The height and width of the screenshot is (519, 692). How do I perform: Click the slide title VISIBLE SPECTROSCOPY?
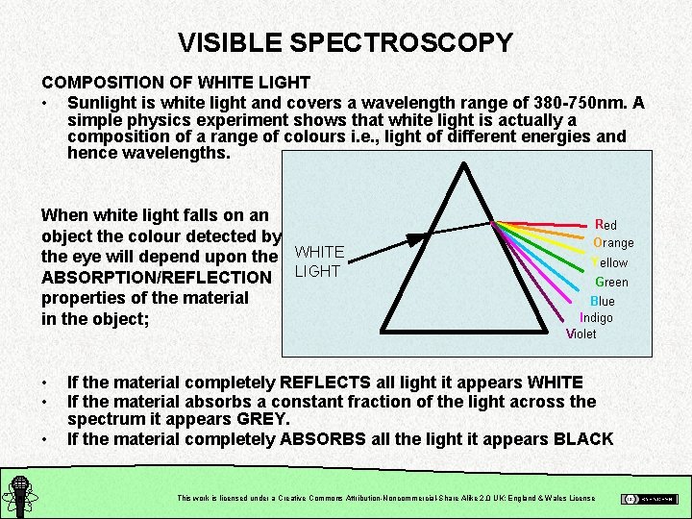pos(345,42)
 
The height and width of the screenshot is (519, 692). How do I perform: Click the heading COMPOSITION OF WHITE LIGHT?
pos(176,83)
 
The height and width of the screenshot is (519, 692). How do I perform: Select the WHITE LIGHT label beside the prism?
pos(319,261)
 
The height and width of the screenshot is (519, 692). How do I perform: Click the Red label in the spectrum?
pos(606,225)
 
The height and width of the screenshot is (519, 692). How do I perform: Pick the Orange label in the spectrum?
pos(613,243)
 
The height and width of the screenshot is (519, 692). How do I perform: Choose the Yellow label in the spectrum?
pos(609,262)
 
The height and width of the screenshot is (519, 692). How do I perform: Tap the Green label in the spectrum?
pos(611,282)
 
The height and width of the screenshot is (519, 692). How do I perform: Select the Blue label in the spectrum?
pos(603,301)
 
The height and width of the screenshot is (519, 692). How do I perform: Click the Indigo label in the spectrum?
pos(596,317)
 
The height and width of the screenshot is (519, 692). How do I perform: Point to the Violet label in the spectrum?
pos(581,334)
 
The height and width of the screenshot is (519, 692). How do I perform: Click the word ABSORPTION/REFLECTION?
pos(157,278)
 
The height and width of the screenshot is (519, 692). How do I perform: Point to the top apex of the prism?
pos(465,166)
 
